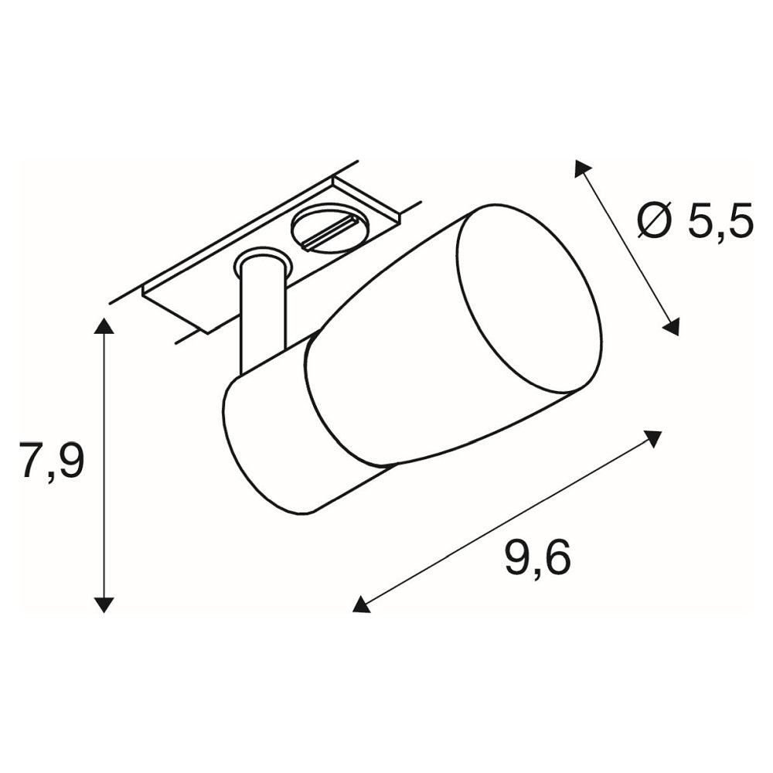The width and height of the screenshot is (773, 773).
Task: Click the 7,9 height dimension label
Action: (52, 461)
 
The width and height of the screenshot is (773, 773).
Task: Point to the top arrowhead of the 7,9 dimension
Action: (104, 326)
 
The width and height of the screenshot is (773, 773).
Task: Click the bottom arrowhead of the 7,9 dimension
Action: (104, 604)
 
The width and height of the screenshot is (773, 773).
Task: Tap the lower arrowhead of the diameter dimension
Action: (671, 327)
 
